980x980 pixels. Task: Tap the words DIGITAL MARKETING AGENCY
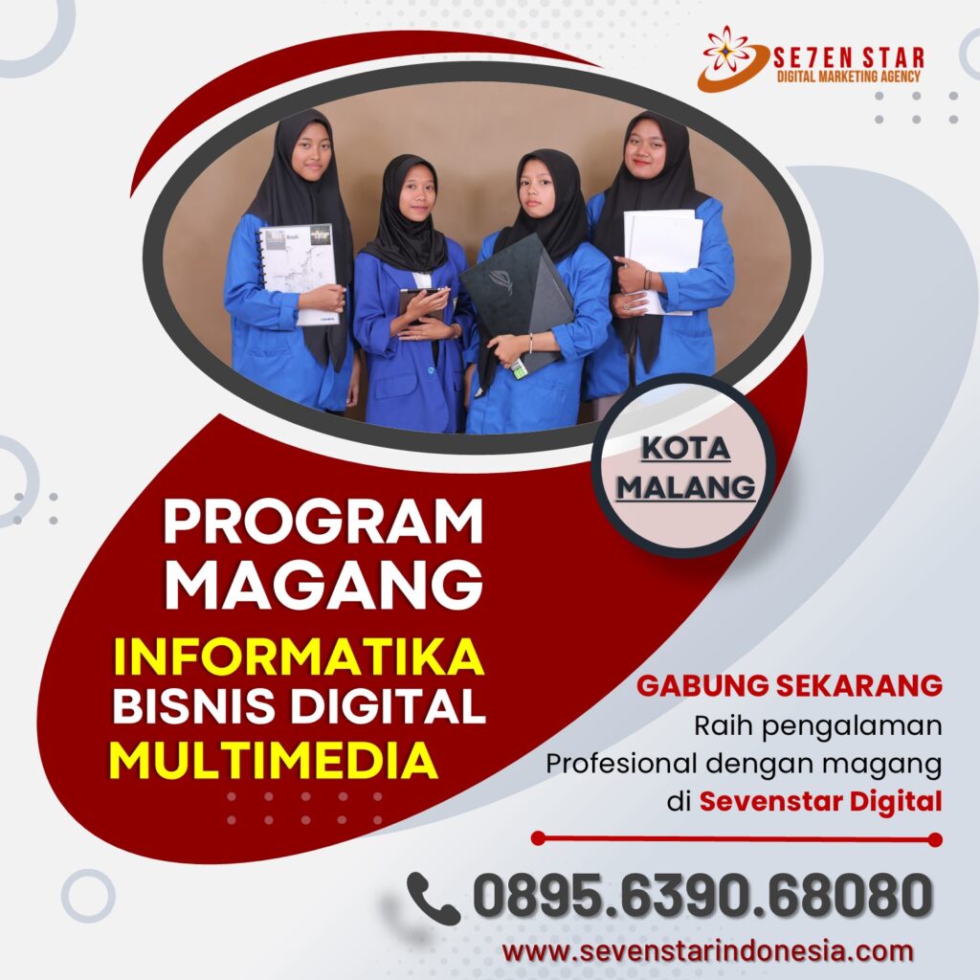coord(848,77)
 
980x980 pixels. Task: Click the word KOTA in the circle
coord(685,448)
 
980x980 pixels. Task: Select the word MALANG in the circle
coord(685,487)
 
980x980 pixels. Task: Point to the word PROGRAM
coord(323,522)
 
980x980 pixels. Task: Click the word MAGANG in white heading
coord(323,584)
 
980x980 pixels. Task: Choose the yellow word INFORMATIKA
coord(299,657)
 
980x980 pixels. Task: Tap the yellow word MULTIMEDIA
coord(273,760)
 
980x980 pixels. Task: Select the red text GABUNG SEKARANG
coord(790,685)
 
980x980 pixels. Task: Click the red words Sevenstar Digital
coord(820,801)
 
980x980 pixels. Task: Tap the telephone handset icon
coord(433,898)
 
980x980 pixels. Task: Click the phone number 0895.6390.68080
coord(702,896)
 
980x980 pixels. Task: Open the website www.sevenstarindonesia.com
coord(707,951)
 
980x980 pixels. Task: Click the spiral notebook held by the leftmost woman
coord(300,274)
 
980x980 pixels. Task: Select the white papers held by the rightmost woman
coord(662,257)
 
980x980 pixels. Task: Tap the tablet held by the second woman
coord(421,305)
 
